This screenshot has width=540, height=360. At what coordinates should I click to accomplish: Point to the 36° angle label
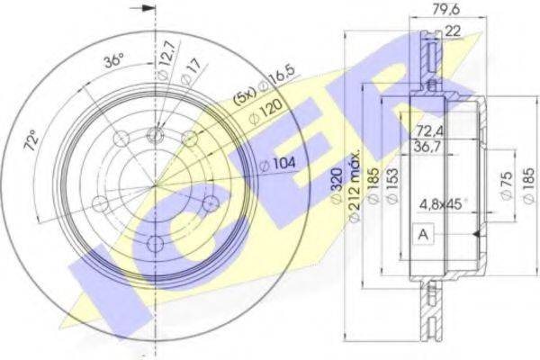[x=113, y=62]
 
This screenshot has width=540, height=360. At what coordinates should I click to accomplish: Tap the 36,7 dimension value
[x=426, y=147]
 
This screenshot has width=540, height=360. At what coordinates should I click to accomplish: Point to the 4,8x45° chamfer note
[x=443, y=203]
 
